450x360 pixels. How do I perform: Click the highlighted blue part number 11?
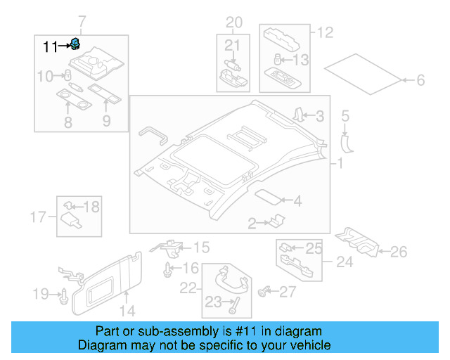[x=74, y=46]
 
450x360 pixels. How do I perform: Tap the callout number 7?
[x=82, y=20]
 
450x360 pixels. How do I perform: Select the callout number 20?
[x=233, y=21]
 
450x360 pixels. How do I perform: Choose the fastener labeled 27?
[x=266, y=290]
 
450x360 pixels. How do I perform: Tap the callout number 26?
[x=398, y=251]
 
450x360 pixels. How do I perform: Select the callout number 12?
[x=324, y=32]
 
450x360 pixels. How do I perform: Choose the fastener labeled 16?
[x=168, y=268]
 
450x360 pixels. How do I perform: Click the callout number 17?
[x=40, y=216]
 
